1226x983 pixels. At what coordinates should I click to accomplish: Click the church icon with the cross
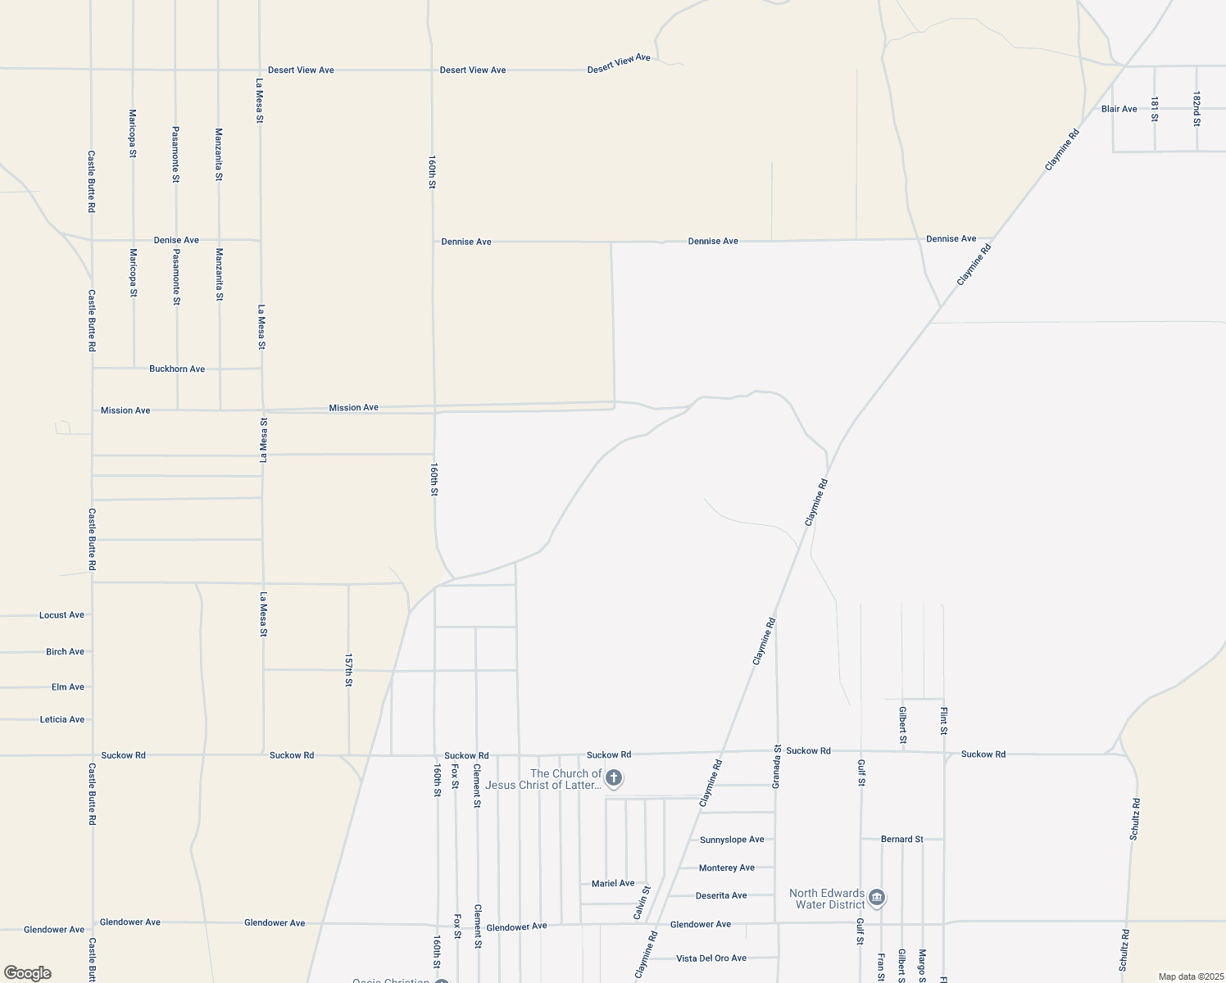(614, 778)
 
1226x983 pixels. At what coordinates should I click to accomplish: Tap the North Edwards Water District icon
(876, 899)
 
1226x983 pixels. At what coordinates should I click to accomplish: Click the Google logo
(27, 973)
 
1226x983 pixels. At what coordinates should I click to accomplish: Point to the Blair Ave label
(1119, 109)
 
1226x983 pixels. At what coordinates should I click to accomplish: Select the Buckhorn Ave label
(177, 369)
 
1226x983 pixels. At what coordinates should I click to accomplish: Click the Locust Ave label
(61, 615)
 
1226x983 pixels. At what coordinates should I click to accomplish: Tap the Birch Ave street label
(65, 652)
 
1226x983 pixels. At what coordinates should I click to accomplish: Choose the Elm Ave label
(67, 687)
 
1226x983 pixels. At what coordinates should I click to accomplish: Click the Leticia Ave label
(62, 720)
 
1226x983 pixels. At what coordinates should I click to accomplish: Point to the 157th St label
(348, 670)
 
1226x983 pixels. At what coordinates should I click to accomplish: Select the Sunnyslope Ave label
(732, 840)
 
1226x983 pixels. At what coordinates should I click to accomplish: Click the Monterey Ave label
(727, 868)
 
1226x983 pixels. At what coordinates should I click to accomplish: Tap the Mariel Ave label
(613, 884)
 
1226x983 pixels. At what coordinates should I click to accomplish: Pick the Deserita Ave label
(721, 896)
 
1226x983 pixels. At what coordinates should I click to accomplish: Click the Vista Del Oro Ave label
(711, 958)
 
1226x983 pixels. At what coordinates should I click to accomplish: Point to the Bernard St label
(901, 840)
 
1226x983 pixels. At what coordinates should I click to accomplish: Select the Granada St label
(777, 767)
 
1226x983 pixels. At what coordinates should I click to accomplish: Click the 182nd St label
(1196, 109)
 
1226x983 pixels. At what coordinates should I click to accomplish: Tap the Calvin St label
(642, 902)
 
